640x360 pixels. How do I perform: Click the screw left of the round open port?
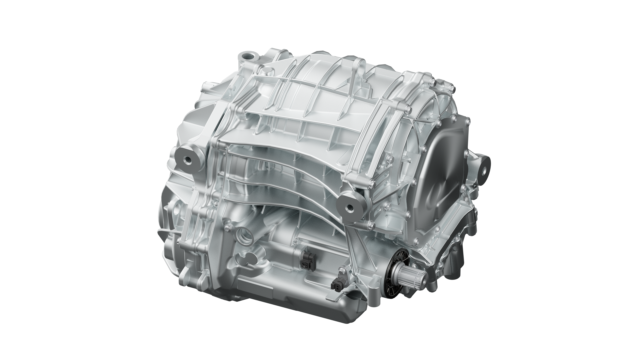tap(227, 228)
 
